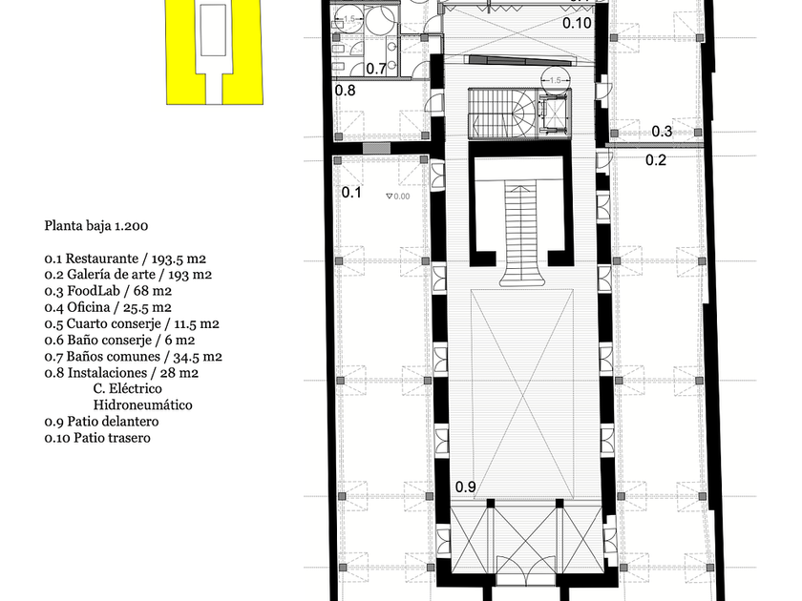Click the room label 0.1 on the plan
pos(351,193)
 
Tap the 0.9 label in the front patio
pos(466,487)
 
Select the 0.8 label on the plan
pos(345,91)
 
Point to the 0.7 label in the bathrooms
pos(376,69)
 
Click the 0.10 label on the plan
pos(577,23)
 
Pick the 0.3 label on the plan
pos(662,132)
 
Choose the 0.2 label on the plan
pos(656,160)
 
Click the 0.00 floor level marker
pos(398,197)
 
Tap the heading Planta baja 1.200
pos(96,226)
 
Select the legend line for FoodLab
pos(108,291)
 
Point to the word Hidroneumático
pos(142,405)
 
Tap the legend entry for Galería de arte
pos(128,275)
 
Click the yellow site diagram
pos(215,52)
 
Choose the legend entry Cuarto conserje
pos(132,324)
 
